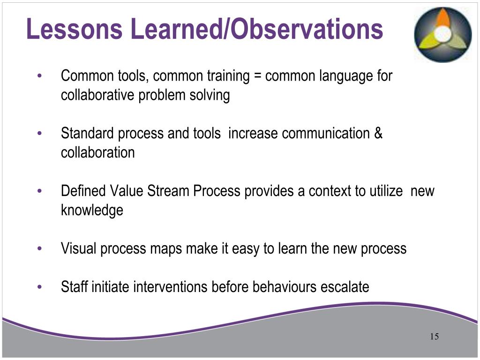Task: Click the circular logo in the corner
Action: (442, 35)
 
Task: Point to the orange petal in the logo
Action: (442, 19)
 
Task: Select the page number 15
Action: (434, 337)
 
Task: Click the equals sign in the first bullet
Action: (257, 76)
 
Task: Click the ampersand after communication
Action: (378, 134)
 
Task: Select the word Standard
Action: (87, 134)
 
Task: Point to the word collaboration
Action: (97, 153)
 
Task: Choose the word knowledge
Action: (92, 210)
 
